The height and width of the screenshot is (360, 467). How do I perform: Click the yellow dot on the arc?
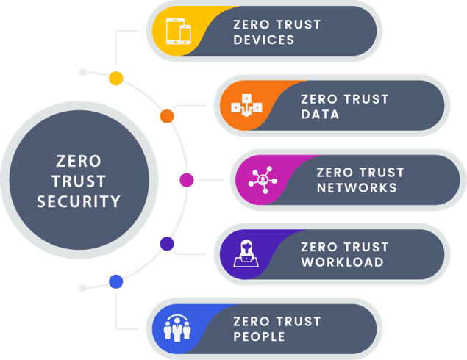[116, 79]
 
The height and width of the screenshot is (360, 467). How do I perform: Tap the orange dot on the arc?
[167, 116]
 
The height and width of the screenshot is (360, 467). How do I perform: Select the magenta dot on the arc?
[187, 180]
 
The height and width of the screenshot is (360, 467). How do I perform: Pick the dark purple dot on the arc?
[167, 244]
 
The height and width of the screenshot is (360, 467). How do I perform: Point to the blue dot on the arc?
[116, 281]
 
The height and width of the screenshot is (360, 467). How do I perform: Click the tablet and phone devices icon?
[179, 31]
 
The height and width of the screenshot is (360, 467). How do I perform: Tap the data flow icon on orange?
[246, 105]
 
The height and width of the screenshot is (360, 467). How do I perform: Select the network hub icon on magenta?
[263, 180]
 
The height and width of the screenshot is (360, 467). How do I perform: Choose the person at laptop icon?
[246, 253]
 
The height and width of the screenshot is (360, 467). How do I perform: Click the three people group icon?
[177, 328]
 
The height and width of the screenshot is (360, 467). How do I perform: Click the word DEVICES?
[264, 40]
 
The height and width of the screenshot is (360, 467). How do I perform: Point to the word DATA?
[320, 115]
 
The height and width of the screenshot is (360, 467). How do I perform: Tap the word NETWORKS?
[357, 188]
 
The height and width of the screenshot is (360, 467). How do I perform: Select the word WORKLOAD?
[343, 262]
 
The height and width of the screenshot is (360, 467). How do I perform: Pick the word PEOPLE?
[259, 336]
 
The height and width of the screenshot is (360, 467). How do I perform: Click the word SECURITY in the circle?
[79, 201]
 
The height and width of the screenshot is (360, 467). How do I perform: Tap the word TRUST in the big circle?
[79, 181]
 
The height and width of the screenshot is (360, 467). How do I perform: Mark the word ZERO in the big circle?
[79, 161]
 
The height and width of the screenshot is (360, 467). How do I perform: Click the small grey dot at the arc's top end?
[83, 72]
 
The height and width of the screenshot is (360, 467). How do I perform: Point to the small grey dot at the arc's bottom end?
[83, 288]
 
